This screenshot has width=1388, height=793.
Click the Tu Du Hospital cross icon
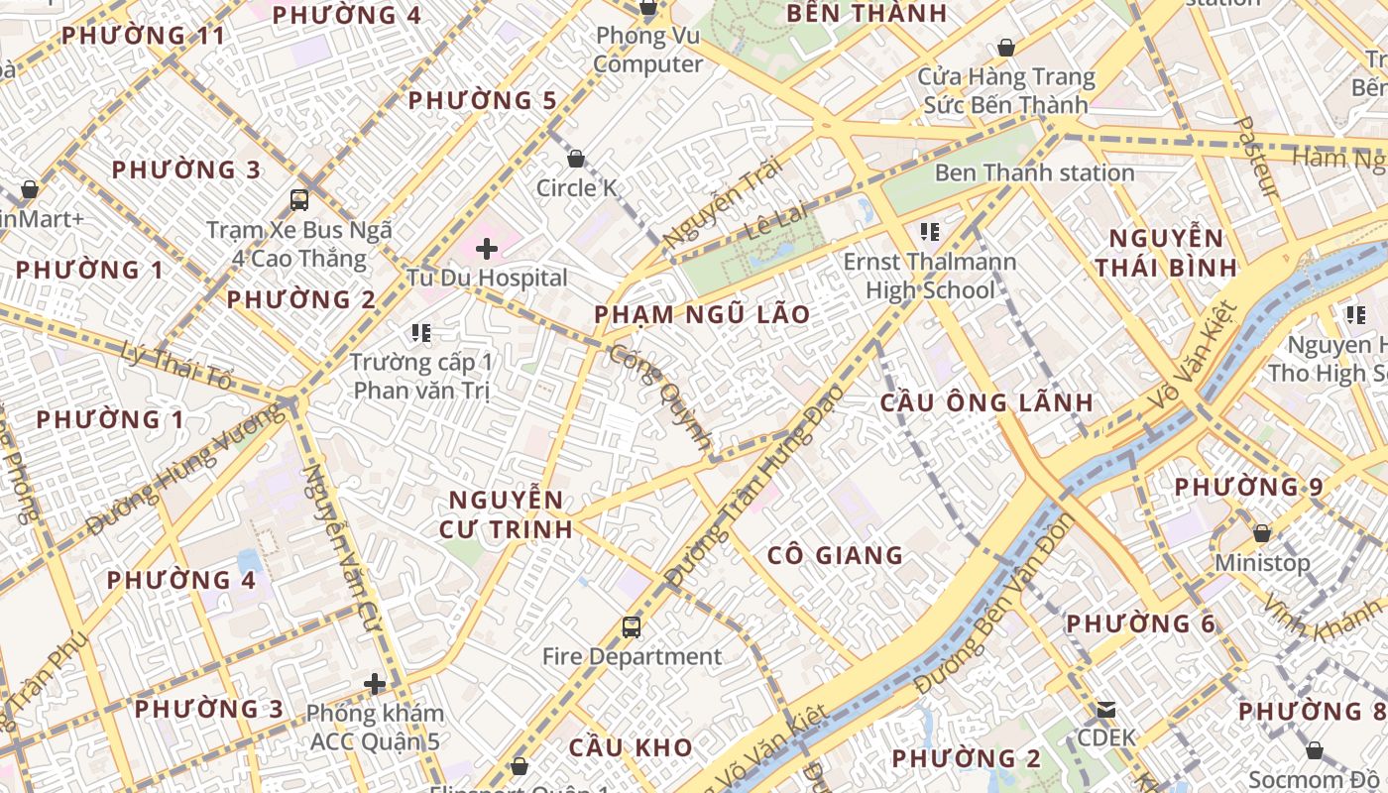coord(486,248)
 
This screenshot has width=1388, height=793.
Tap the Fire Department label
coord(632,656)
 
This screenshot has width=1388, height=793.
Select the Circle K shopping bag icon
coord(575,159)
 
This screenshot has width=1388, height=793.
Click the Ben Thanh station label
coord(1034,172)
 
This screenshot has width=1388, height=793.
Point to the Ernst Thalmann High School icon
coord(929,232)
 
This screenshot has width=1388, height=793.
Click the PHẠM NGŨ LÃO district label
coord(702,315)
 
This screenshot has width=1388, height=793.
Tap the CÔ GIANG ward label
coord(835,555)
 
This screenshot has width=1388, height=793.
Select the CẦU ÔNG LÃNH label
coord(986,402)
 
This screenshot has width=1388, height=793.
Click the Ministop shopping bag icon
coord(1261,533)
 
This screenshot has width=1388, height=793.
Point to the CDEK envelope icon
coord(1105,710)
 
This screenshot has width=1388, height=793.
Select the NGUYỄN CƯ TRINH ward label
coord(506,513)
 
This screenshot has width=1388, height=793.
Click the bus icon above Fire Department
coord(631,626)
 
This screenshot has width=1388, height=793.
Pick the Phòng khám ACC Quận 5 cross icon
coord(374,684)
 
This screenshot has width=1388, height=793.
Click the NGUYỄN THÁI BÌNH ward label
coord(1166,253)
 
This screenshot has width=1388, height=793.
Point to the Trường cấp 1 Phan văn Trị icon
coord(420,333)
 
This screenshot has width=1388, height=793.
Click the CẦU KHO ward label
coord(630,747)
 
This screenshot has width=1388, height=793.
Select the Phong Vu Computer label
coord(648,50)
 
